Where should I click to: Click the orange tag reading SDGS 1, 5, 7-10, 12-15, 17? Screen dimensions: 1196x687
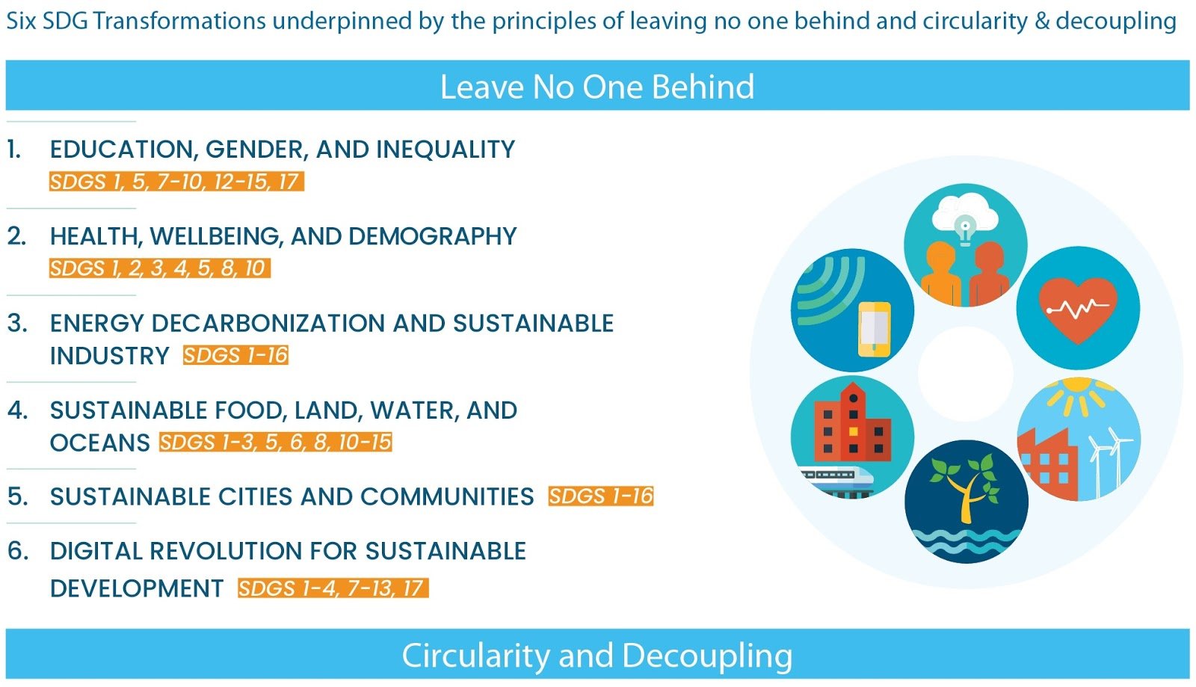tap(176, 182)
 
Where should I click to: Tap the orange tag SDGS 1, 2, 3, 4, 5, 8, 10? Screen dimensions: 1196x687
tap(160, 268)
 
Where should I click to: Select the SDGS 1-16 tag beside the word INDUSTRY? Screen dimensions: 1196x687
tap(235, 355)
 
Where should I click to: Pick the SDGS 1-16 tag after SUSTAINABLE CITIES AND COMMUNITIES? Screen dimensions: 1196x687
tap(601, 496)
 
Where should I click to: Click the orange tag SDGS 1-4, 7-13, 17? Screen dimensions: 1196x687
tap(333, 588)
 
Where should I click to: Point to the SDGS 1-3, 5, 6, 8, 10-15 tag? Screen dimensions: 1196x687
tap(276, 442)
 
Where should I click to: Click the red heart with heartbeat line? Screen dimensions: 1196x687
tap(1078, 309)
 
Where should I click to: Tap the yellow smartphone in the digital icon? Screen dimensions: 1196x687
tap(875, 329)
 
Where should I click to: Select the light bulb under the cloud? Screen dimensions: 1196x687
tap(965, 230)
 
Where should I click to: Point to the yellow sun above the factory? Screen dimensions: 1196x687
tap(1079, 395)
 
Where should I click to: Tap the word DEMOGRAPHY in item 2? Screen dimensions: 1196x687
tap(433, 236)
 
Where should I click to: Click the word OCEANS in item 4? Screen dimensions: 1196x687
tap(100, 443)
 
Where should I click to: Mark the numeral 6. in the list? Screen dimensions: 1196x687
tap(18, 551)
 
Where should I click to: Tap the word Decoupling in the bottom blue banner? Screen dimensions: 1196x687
tap(707, 656)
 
